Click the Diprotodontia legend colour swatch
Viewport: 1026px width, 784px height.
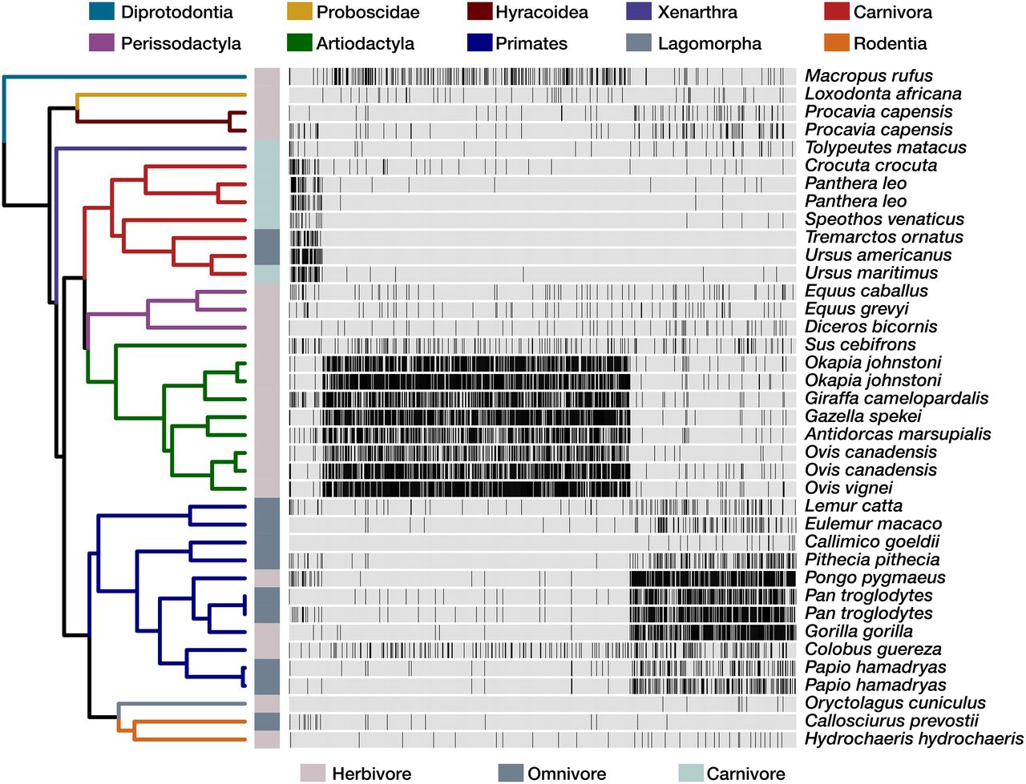click(x=102, y=12)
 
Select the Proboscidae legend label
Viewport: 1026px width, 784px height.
click(x=367, y=12)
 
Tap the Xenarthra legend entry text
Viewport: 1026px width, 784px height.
click(x=697, y=12)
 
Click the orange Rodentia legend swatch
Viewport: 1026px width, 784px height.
click(x=836, y=43)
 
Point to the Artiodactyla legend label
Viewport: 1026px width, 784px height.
click(x=365, y=43)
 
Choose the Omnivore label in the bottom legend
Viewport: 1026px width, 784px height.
click(x=566, y=774)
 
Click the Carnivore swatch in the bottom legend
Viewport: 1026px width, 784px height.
click(x=691, y=773)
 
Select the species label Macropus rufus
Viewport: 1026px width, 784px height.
click(x=868, y=76)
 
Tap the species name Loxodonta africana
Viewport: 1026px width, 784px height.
click(x=883, y=94)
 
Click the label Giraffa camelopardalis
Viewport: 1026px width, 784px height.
click(x=896, y=398)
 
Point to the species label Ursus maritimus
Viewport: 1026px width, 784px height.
click(x=870, y=273)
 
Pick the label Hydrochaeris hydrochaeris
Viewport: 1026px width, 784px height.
click(x=914, y=738)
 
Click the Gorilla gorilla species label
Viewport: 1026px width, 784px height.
click(x=858, y=631)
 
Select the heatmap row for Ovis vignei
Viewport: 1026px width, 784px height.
click(x=542, y=488)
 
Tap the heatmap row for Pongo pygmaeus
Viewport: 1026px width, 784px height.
click(x=542, y=577)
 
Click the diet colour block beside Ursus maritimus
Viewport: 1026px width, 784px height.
click(x=267, y=273)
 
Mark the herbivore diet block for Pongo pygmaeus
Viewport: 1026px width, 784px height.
click(x=267, y=577)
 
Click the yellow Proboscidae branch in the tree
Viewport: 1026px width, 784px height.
click(x=160, y=94)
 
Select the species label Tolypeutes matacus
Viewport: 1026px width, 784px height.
click(x=885, y=147)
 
